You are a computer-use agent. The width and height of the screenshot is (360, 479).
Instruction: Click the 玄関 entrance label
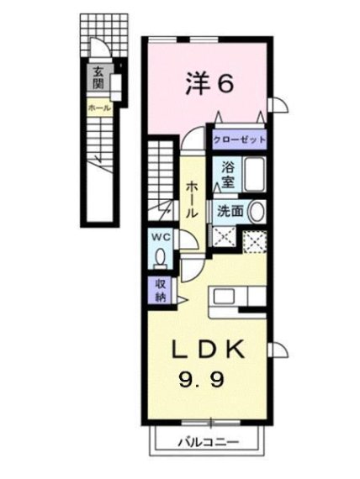coord(98,77)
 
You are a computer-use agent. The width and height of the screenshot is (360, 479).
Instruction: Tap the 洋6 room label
coord(209,83)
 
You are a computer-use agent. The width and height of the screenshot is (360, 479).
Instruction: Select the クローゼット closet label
coord(239,139)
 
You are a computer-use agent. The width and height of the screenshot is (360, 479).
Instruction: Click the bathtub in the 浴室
coord(255,175)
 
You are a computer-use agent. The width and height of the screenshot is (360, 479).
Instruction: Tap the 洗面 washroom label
coord(230,212)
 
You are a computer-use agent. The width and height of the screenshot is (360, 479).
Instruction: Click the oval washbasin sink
coord(257,212)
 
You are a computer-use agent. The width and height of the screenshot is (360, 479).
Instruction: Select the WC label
coord(161,237)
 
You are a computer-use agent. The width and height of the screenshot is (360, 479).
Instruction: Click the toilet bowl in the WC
coord(160,257)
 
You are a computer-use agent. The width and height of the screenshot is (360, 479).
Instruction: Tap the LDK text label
coord(209,350)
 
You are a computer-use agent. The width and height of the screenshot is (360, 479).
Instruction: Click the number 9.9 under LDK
coord(202,379)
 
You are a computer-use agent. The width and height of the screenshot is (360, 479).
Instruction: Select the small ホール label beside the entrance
coord(99,108)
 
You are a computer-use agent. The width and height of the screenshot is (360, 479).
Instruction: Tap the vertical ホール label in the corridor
coord(192,199)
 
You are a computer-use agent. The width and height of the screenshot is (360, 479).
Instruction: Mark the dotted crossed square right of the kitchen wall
coord(255,242)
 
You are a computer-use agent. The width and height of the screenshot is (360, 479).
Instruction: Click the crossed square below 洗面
coord(225,236)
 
